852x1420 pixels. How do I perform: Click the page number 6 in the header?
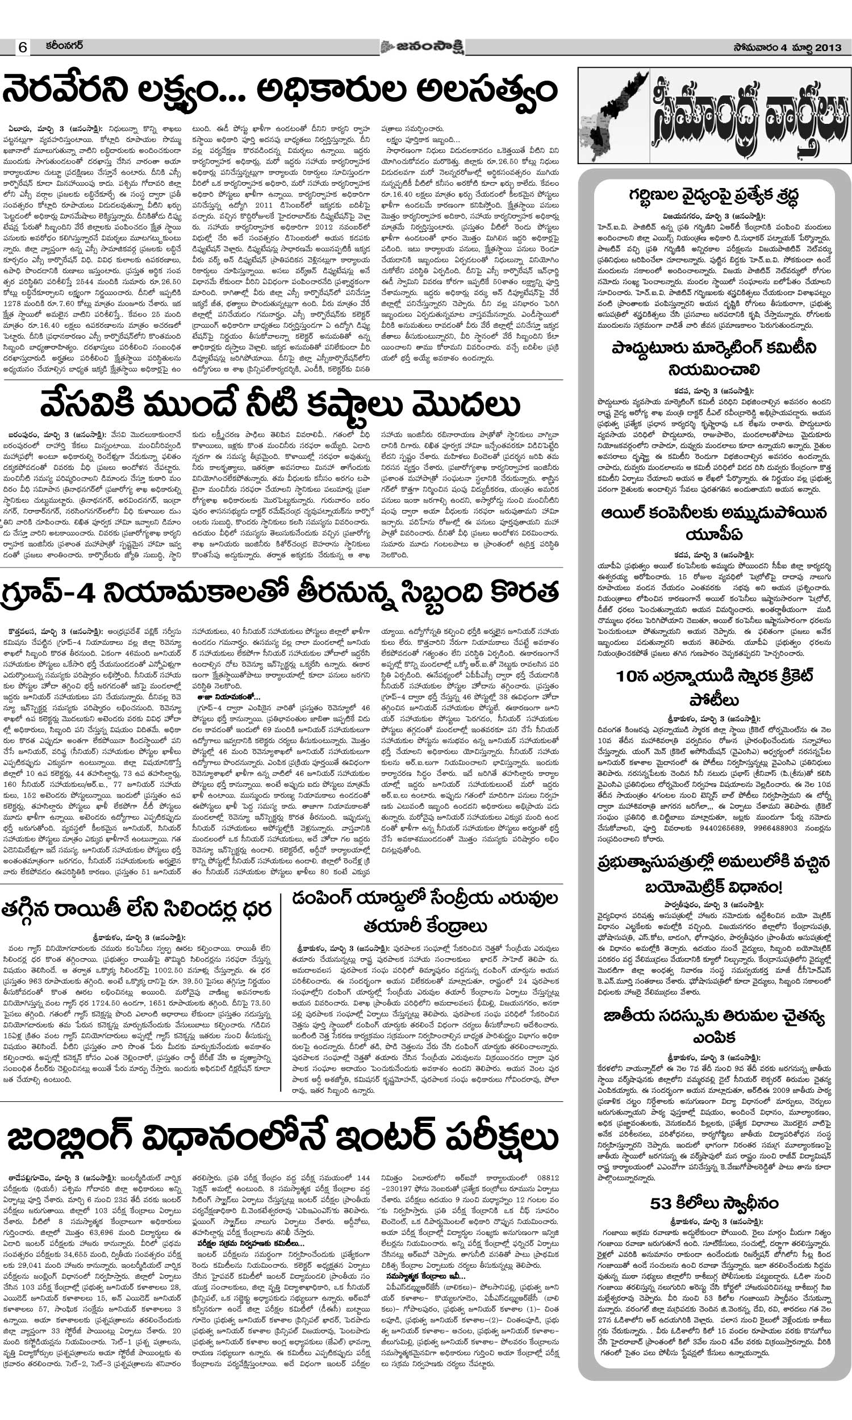click(x=22, y=47)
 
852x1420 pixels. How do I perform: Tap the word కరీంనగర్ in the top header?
click(x=64, y=45)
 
